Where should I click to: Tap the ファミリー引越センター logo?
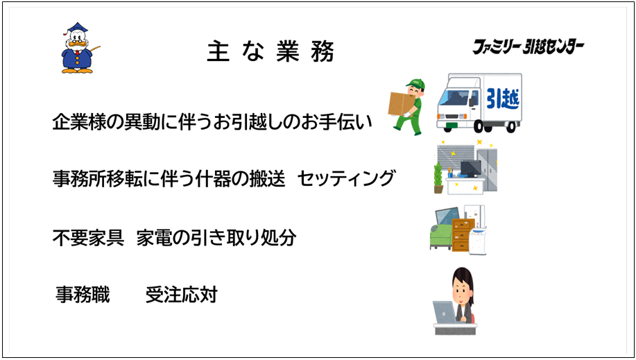point(528,47)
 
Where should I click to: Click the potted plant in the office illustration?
point(438,178)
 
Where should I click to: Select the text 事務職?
point(83,295)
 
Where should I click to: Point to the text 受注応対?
point(182,295)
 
